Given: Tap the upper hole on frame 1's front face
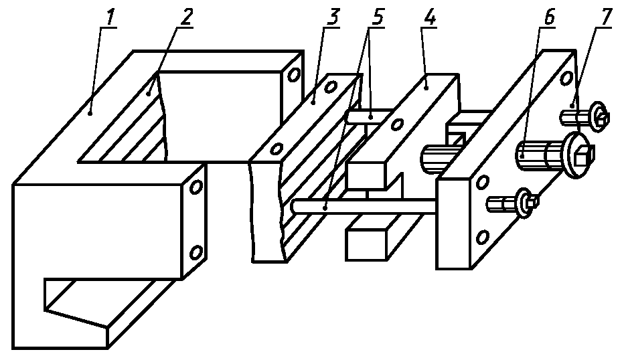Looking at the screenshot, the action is (x=196, y=187).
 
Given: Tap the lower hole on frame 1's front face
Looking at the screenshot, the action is (x=196, y=252).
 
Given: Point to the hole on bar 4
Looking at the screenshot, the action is (x=398, y=123).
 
